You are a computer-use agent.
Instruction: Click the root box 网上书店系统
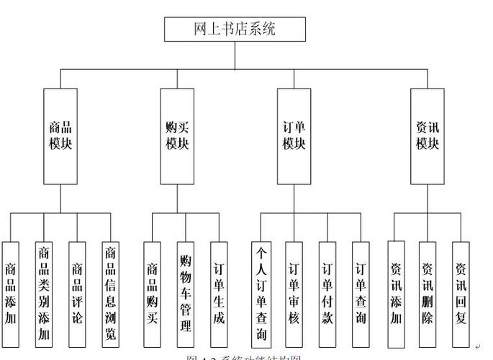click(235, 29)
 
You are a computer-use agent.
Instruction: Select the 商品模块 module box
click(60, 136)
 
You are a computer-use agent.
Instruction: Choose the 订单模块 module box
click(294, 136)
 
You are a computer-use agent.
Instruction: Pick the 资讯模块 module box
click(427, 136)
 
